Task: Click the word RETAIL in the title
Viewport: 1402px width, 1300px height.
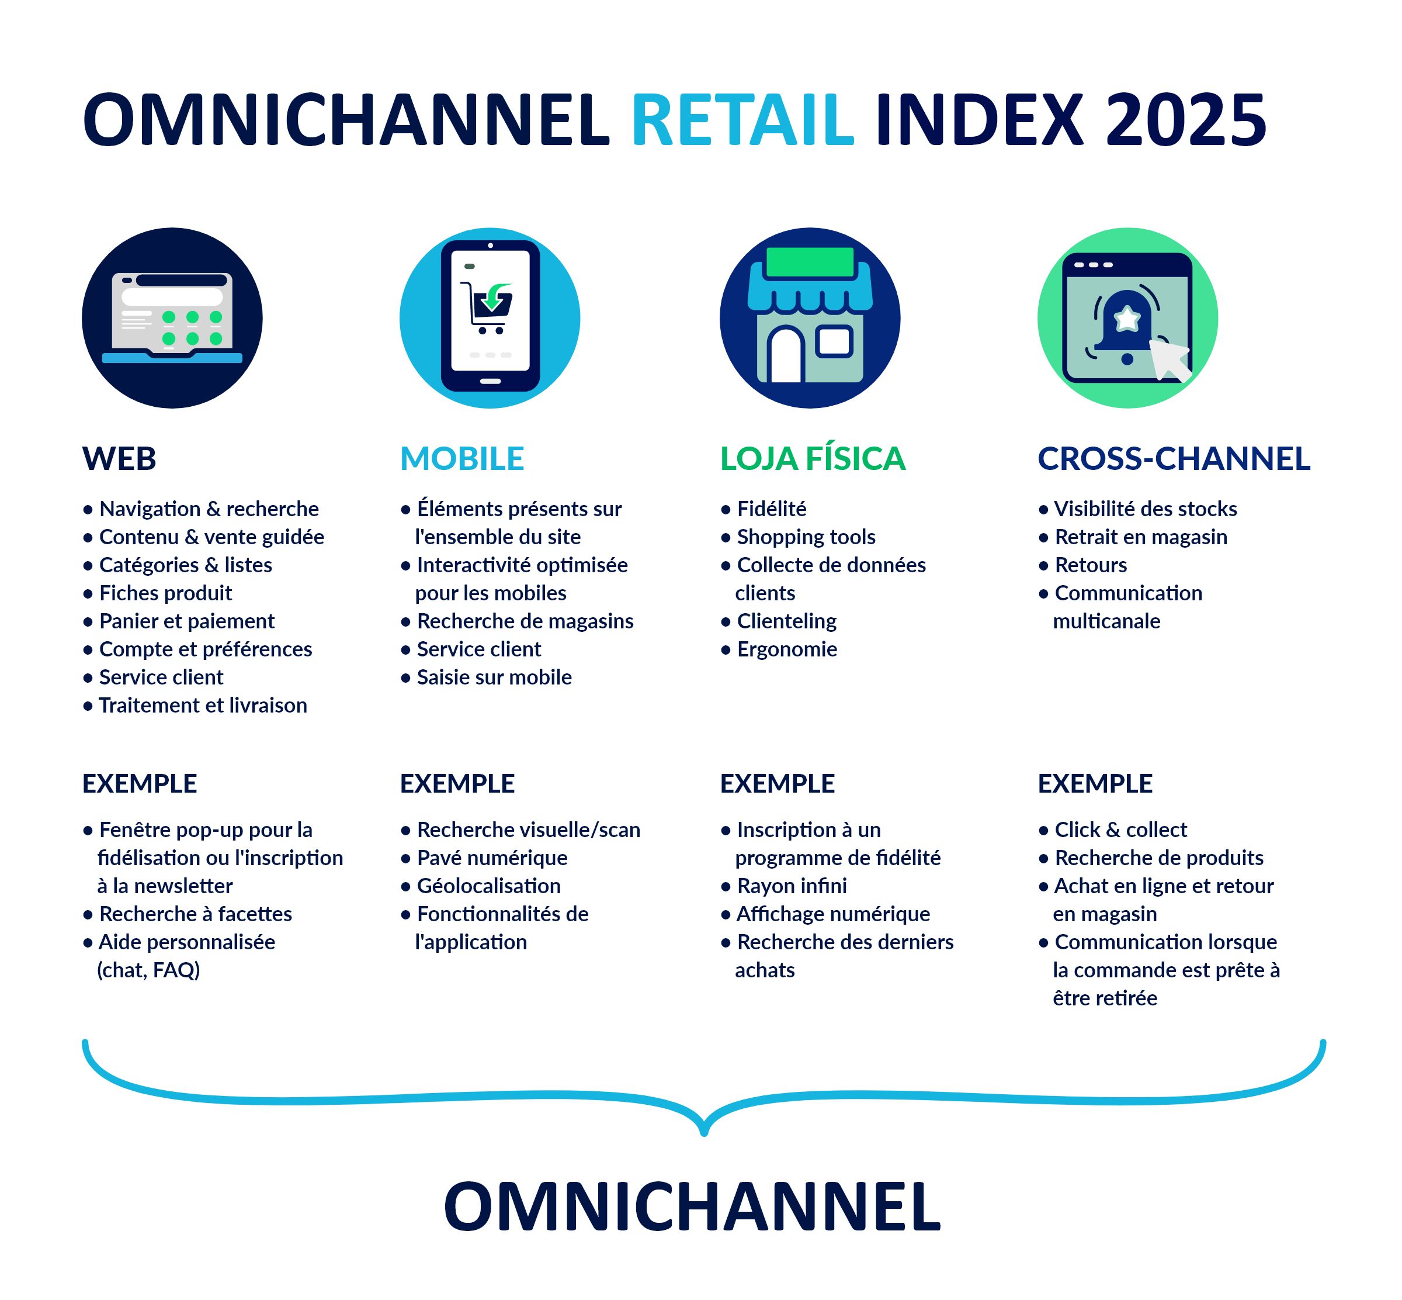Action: coord(742,120)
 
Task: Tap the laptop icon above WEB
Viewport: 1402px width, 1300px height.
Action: coord(172,318)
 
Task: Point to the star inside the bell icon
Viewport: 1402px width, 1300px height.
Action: coord(1127,319)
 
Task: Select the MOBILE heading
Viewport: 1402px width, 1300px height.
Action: coord(462,459)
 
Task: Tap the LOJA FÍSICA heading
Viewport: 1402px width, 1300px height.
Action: coord(812,459)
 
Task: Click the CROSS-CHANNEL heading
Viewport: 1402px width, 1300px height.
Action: coord(1174,459)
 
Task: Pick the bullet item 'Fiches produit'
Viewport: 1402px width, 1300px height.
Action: coord(165,593)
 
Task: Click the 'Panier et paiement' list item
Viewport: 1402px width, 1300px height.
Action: coord(186,621)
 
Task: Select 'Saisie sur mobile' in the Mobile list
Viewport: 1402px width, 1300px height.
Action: coord(494,677)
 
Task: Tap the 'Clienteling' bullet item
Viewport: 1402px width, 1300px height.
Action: coord(786,621)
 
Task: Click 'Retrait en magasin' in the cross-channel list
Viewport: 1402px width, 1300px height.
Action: coord(1140,537)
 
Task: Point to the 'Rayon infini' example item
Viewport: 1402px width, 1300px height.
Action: coord(791,886)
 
